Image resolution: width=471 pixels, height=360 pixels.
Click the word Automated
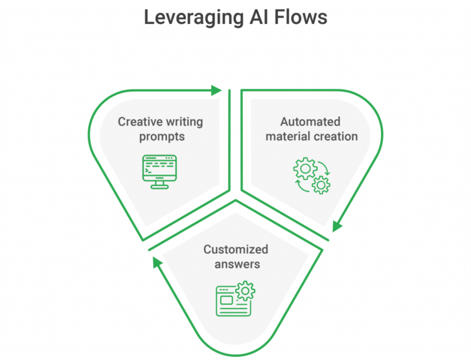click(x=310, y=121)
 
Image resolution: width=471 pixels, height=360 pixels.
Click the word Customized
click(x=235, y=250)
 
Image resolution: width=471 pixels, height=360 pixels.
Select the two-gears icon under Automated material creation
click(x=312, y=175)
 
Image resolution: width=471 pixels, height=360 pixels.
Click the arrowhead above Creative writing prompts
click(x=215, y=90)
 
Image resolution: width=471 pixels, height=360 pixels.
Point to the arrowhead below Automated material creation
click(x=337, y=225)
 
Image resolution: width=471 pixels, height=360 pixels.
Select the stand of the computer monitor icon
click(x=159, y=185)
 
